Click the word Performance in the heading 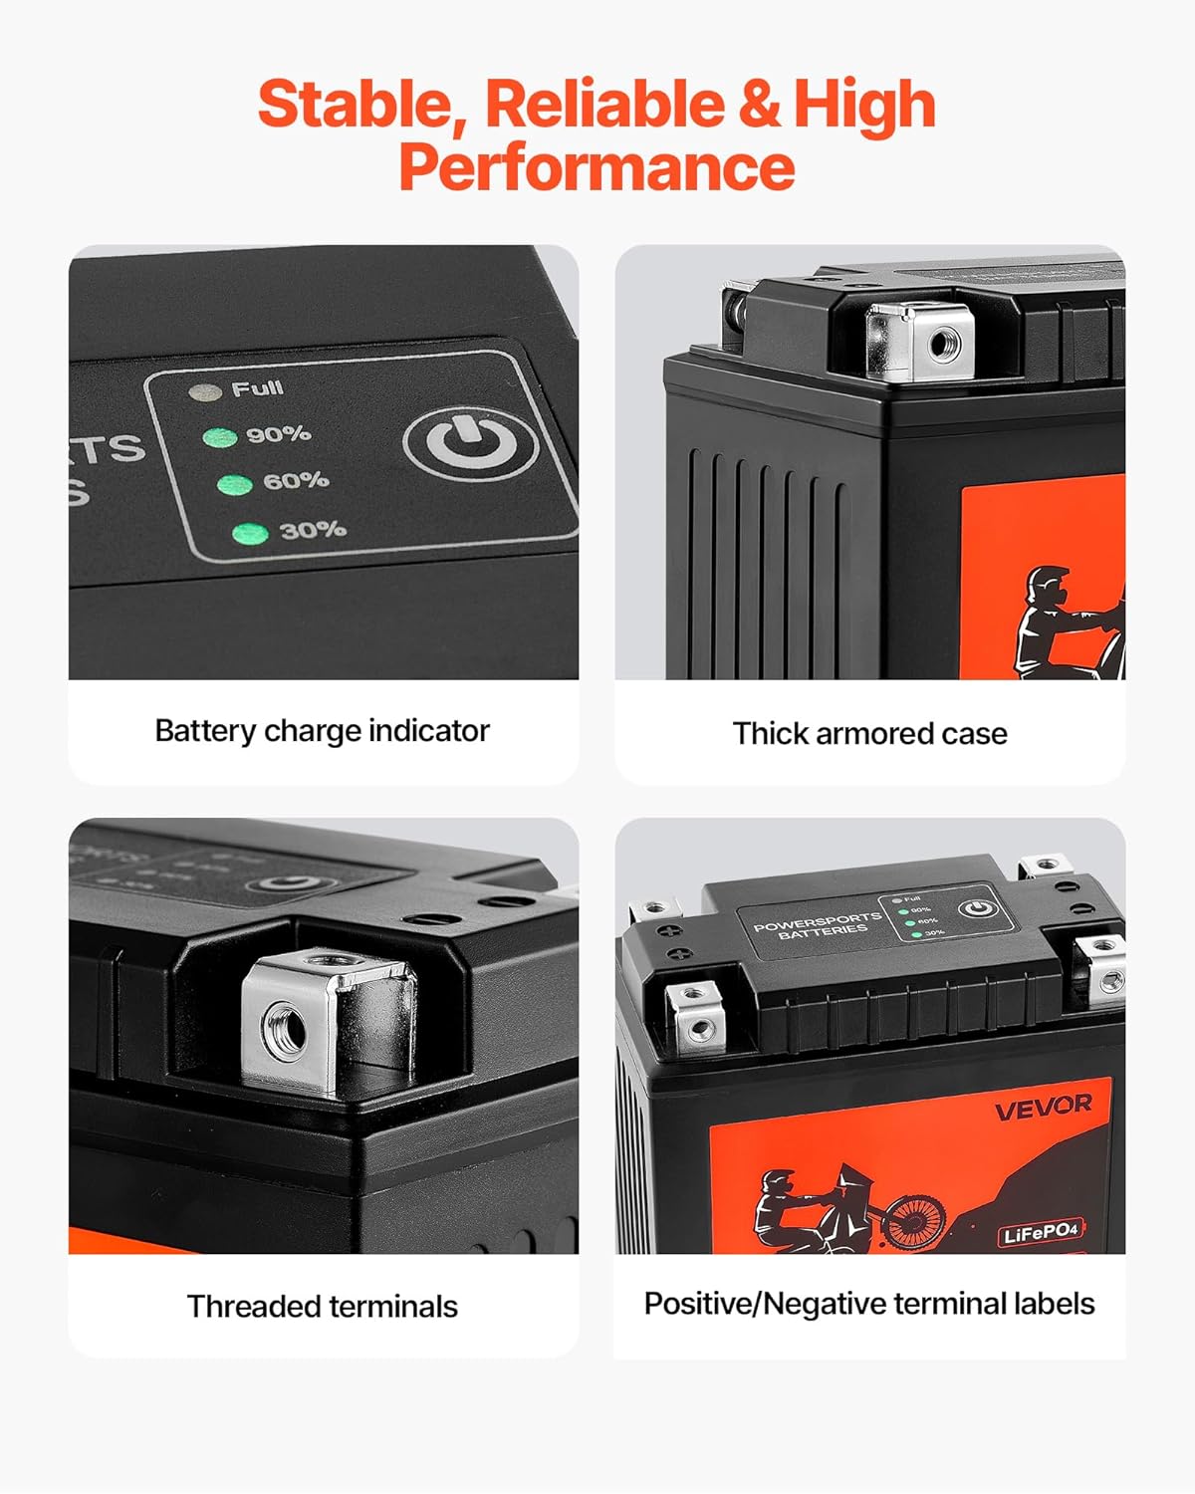pos(597,166)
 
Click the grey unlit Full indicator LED pos(205,391)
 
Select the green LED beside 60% pos(235,485)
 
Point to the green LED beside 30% pos(250,533)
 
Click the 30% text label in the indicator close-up pos(313,529)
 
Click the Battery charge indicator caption pos(322,731)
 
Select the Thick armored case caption pos(869,734)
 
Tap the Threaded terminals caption pos(322,1307)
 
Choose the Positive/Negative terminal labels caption pos(868,1304)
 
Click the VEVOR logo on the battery pos(1043,1107)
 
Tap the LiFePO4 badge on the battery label pos(1040,1234)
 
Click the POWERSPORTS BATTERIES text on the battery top pos(818,926)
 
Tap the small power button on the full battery pos(978,908)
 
